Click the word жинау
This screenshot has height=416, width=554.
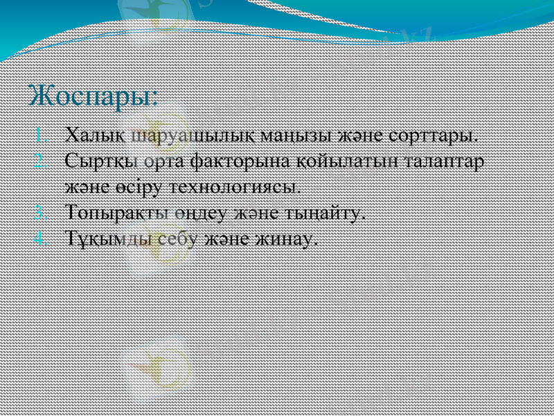click(287, 239)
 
